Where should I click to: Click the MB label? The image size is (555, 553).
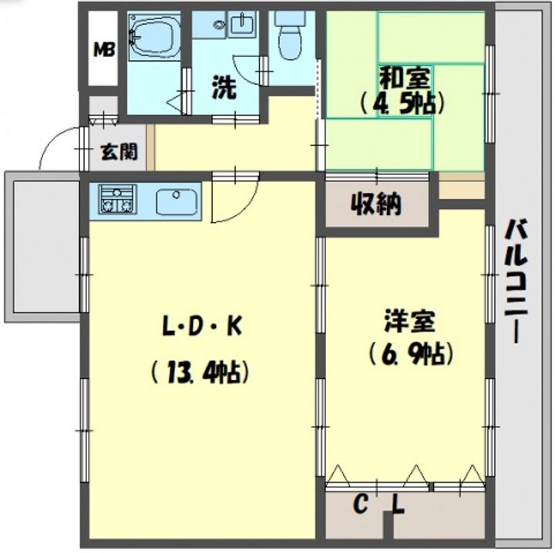(x=104, y=51)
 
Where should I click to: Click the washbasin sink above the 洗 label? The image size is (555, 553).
(x=240, y=26)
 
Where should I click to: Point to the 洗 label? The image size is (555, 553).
(x=224, y=87)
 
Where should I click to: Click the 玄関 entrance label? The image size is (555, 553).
(x=119, y=151)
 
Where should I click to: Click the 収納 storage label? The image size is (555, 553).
(x=378, y=204)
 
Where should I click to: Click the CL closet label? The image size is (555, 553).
(x=379, y=506)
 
